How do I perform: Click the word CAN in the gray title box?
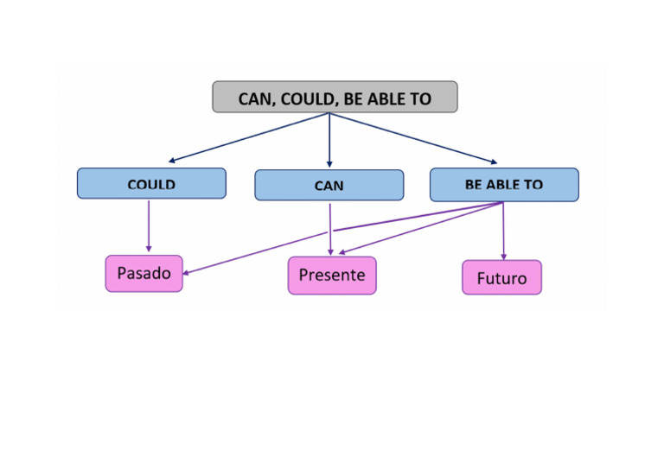256,98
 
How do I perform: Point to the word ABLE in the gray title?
389,98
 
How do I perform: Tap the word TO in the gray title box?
420,98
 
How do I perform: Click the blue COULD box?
151,184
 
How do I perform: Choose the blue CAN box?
329,186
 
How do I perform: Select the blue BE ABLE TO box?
504,185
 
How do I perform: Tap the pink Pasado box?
144,274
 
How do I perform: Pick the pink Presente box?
332,276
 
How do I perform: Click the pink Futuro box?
501,278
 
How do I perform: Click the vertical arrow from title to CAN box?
329,138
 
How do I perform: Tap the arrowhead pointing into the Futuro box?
504,256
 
